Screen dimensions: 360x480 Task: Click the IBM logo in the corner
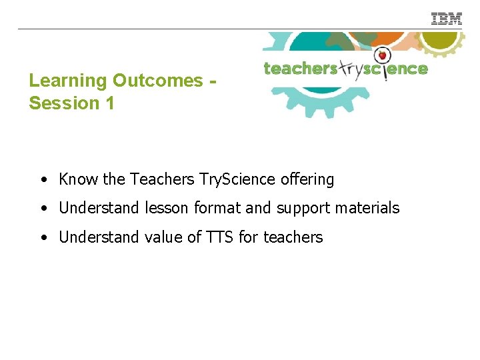click(447, 19)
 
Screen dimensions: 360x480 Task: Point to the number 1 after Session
click(109, 103)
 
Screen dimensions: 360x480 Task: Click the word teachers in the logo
click(300, 69)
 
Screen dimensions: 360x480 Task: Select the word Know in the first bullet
click(79, 179)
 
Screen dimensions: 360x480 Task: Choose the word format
click(217, 208)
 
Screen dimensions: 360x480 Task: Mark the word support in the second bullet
click(302, 209)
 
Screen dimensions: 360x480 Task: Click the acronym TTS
click(214, 237)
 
